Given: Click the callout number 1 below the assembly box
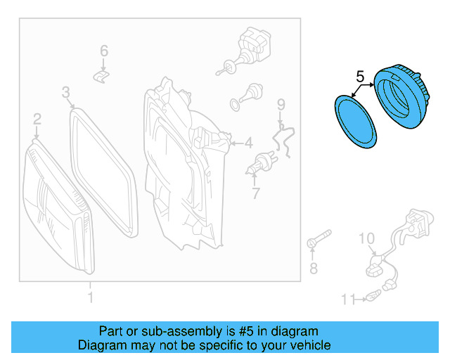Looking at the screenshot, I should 89,298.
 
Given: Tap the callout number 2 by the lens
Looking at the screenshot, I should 37,120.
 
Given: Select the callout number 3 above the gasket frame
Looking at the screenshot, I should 65,92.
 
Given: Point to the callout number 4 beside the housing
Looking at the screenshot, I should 247,143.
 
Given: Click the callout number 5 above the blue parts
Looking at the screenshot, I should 359,75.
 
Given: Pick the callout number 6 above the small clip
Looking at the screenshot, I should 104,51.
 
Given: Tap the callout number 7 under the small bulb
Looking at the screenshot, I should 255,193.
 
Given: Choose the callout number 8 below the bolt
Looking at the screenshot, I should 314,268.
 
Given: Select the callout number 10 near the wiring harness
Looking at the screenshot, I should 368,239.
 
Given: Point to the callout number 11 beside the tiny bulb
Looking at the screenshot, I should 348,300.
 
